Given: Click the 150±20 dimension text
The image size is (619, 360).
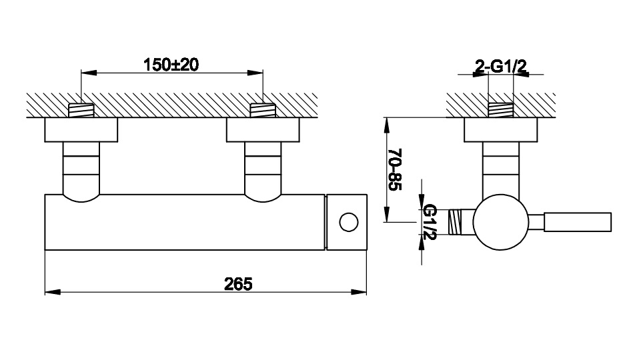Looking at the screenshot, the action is pyautogui.click(x=171, y=65).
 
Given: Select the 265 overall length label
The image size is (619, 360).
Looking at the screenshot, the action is pyautogui.click(x=238, y=284).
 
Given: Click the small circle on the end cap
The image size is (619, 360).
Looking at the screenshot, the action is pyautogui.click(x=349, y=222).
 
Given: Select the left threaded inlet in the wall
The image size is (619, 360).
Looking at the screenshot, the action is pyautogui.click(x=81, y=110).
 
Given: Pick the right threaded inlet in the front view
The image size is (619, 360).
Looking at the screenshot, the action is pyautogui.click(x=263, y=110).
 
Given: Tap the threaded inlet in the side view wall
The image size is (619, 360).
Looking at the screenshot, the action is pyautogui.click(x=501, y=110).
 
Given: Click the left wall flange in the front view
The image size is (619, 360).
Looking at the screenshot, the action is pyautogui.click(x=81, y=130).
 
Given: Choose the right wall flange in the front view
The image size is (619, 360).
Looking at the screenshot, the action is pyautogui.click(x=263, y=130).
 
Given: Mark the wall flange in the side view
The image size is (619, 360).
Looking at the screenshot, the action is pyautogui.click(x=500, y=130).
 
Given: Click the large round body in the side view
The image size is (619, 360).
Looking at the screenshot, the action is pyautogui.click(x=500, y=222).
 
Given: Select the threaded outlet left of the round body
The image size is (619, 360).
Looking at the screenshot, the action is pyautogui.click(x=456, y=222).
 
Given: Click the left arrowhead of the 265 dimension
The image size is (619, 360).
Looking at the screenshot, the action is pyautogui.click(x=53, y=292).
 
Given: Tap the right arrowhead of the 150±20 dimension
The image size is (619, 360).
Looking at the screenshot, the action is pyautogui.click(x=255, y=73).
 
